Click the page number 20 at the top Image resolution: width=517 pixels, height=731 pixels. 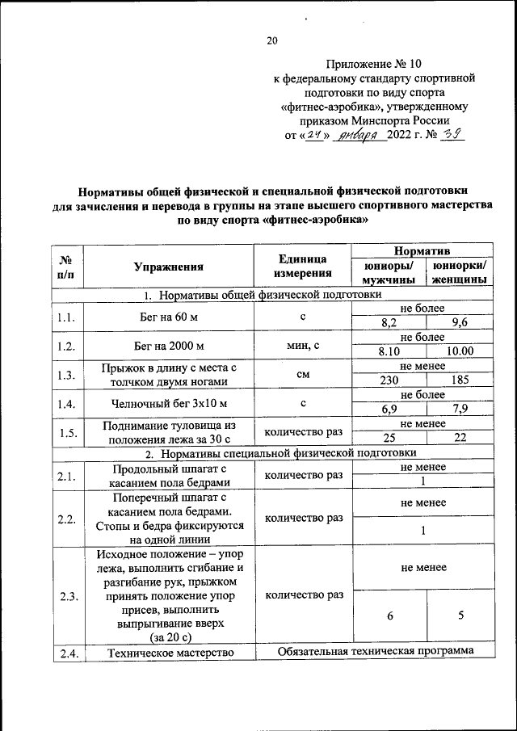[x=271, y=42]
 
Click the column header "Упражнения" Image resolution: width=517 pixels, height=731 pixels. [x=169, y=267]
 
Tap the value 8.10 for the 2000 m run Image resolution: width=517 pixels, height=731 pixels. [x=389, y=351]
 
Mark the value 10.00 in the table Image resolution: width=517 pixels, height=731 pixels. [x=460, y=351]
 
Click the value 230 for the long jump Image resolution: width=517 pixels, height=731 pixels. [x=389, y=380]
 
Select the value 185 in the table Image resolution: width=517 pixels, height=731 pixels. [x=460, y=380]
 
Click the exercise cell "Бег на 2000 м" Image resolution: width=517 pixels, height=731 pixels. [x=169, y=345]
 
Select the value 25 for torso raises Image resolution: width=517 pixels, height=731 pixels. [x=389, y=439]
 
